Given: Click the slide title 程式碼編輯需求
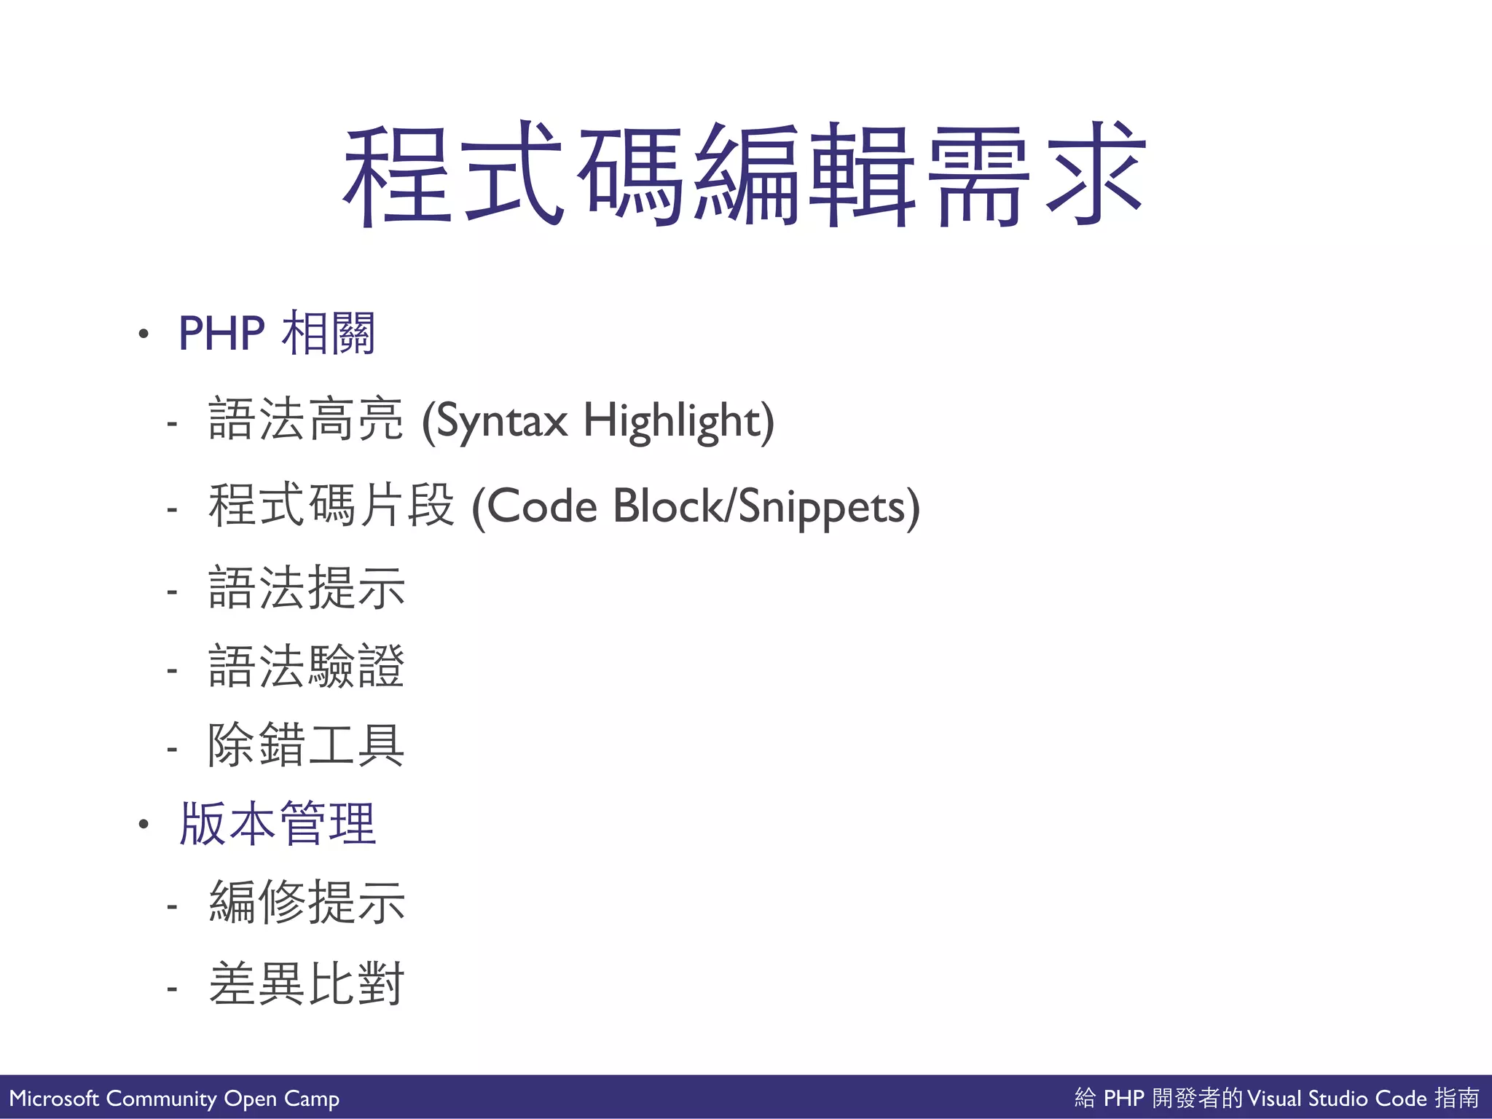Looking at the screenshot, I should pyautogui.click(x=745, y=175).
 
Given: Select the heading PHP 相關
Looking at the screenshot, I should pyautogui.click(x=277, y=334).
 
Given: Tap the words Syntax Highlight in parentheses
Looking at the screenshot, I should pyautogui.click(x=598, y=421).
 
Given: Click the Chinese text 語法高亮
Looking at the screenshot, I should pyautogui.click(x=306, y=420).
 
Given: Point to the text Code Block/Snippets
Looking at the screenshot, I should pyautogui.click(x=696, y=507).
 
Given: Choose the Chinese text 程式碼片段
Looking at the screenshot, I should pyautogui.click(x=331, y=506).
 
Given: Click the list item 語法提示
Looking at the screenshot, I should pyautogui.click(x=307, y=588).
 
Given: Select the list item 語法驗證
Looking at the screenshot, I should pyautogui.click(x=307, y=667).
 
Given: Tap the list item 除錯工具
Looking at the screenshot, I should pyautogui.click(x=307, y=745).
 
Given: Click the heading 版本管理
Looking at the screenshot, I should pyautogui.click(x=278, y=824).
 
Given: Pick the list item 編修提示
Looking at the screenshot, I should pyautogui.click(x=307, y=903).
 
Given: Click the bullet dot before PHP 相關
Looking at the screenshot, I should pyautogui.click(x=144, y=334).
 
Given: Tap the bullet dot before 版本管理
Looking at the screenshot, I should pyautogui.click(x=144, y=825).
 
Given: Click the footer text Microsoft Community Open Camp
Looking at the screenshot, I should pyautogui.click(x=174, y=1099).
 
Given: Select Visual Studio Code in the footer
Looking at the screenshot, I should pyautogui.click(x=1337, y=1099).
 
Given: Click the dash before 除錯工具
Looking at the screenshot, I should pyautogui.click(x=172, y=749).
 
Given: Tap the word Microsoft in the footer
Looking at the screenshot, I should pyautogui.click(x=54, y=1099).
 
